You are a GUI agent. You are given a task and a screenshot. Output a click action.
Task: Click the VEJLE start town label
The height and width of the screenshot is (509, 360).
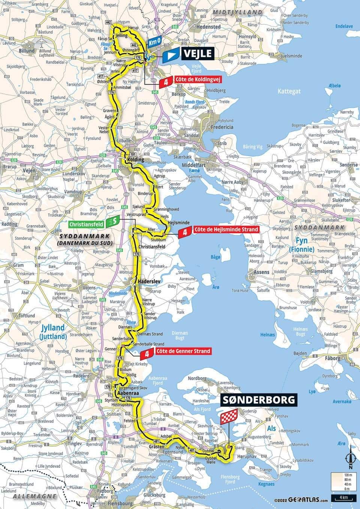(196, 54)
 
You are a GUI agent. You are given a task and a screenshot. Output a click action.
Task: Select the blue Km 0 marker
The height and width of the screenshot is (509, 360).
(154, 42)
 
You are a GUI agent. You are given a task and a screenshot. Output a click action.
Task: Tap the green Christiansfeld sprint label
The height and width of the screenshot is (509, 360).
(87, 224)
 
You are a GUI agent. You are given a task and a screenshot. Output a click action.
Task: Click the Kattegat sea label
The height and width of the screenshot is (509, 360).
(289, 91)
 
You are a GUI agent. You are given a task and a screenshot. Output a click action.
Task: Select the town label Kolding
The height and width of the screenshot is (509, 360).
(136, 160)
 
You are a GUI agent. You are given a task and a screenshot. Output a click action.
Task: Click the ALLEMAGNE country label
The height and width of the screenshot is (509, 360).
(29, 496)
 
